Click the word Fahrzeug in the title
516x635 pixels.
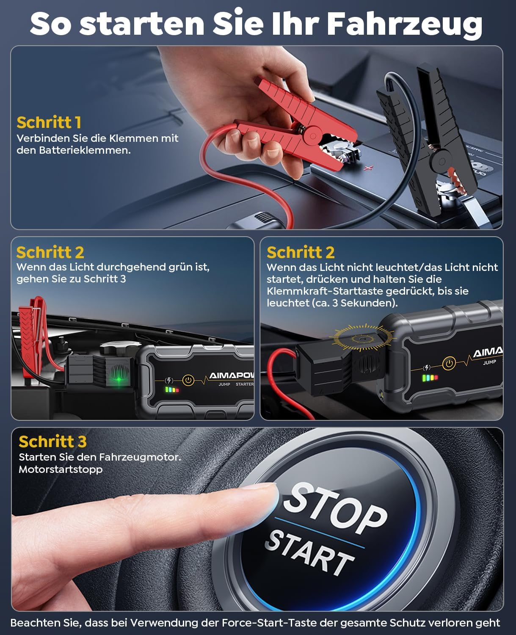point(405,25)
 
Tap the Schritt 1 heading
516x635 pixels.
point(49,122)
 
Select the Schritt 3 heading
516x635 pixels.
point(52,441)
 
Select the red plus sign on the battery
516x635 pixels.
point(368,168)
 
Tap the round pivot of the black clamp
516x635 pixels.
point(442,161)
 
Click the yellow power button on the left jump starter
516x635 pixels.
point(188,380)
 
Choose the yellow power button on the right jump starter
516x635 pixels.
point(449,363)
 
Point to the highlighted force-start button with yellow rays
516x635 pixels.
point(362,338)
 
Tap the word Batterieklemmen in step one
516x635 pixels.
point(85,150)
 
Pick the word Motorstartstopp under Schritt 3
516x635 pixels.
point(61,469)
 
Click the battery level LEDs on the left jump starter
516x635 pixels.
point(172,390)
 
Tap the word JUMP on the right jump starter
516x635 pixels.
point(489,362)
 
